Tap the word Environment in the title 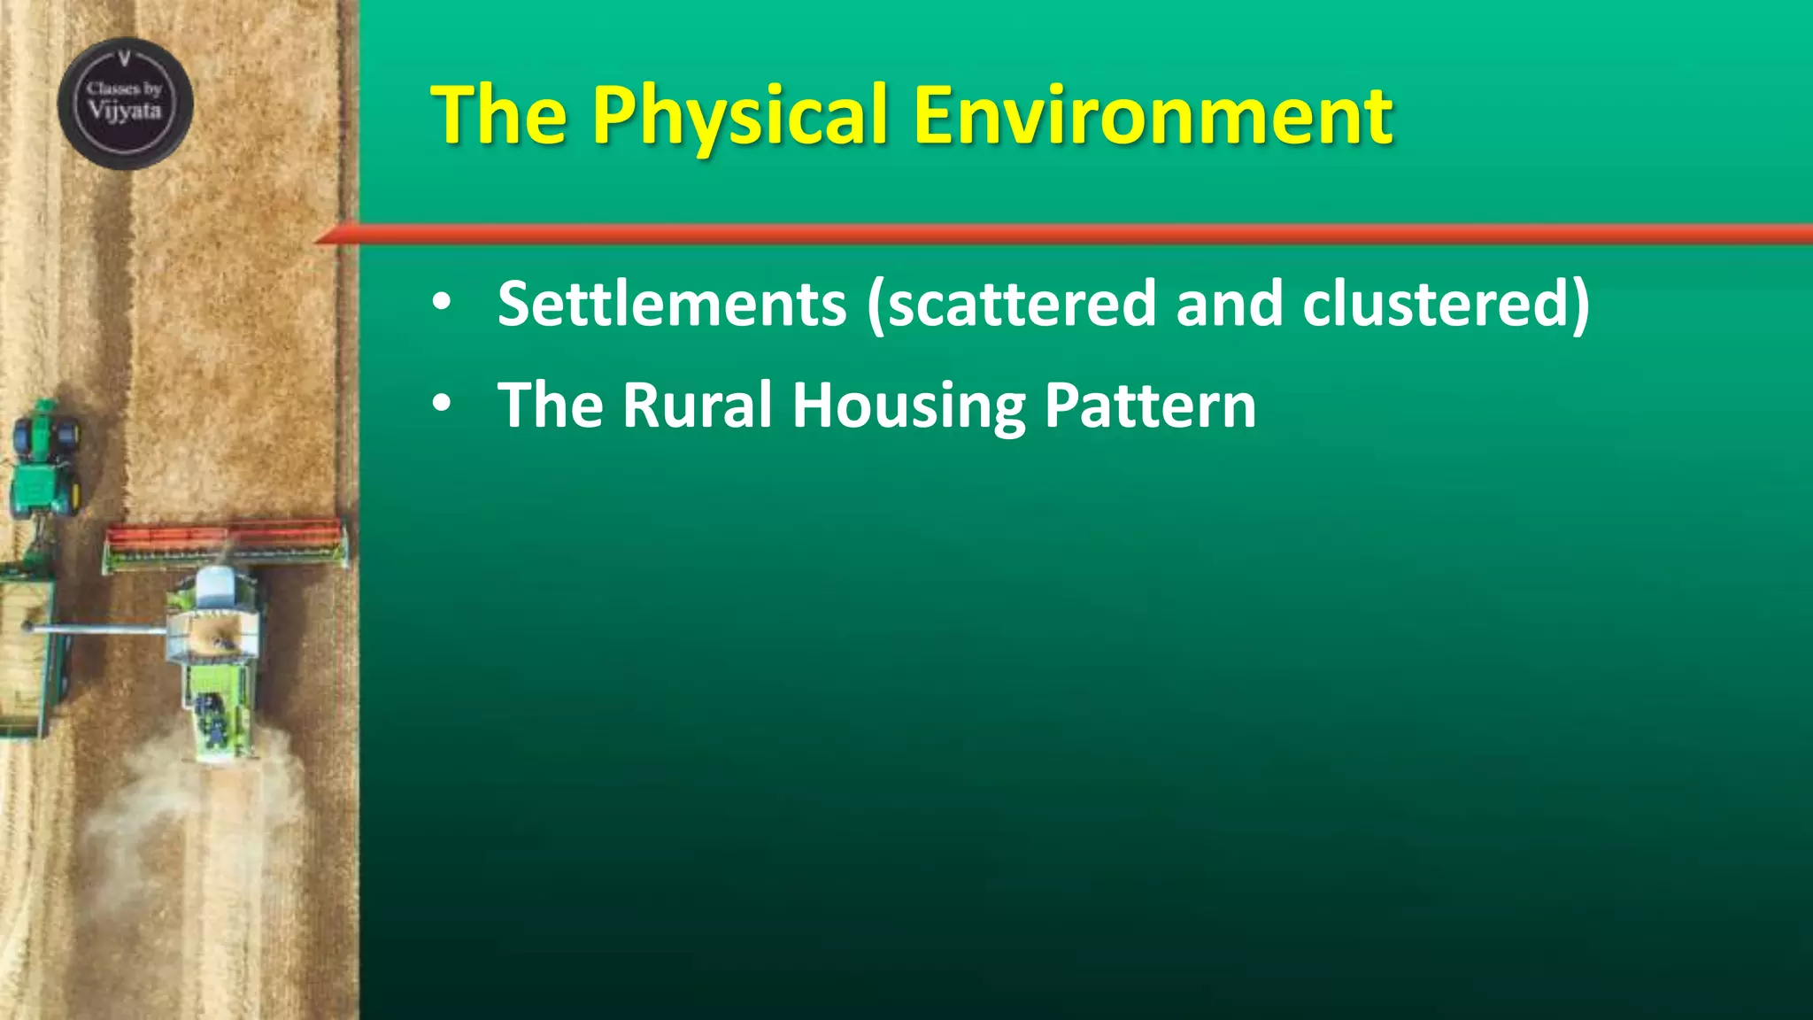[x=1153, y=116]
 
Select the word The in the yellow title [x=498, y=116]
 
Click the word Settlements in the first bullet [x=672, y=304]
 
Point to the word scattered [x=1022, y=304]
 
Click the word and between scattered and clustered [x=1229, y=304]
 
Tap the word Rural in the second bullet [x=697, y=406]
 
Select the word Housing [x=908, y=406]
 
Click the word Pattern [x=1150, y=406]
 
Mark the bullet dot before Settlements [x=442, y=304]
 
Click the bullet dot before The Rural [x=442, y=405]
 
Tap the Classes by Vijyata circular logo [x=125, y=104]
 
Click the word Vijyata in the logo [x=125, y=112]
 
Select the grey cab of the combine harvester [x=215, y=588]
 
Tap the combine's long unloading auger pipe [x=97, y=630]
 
